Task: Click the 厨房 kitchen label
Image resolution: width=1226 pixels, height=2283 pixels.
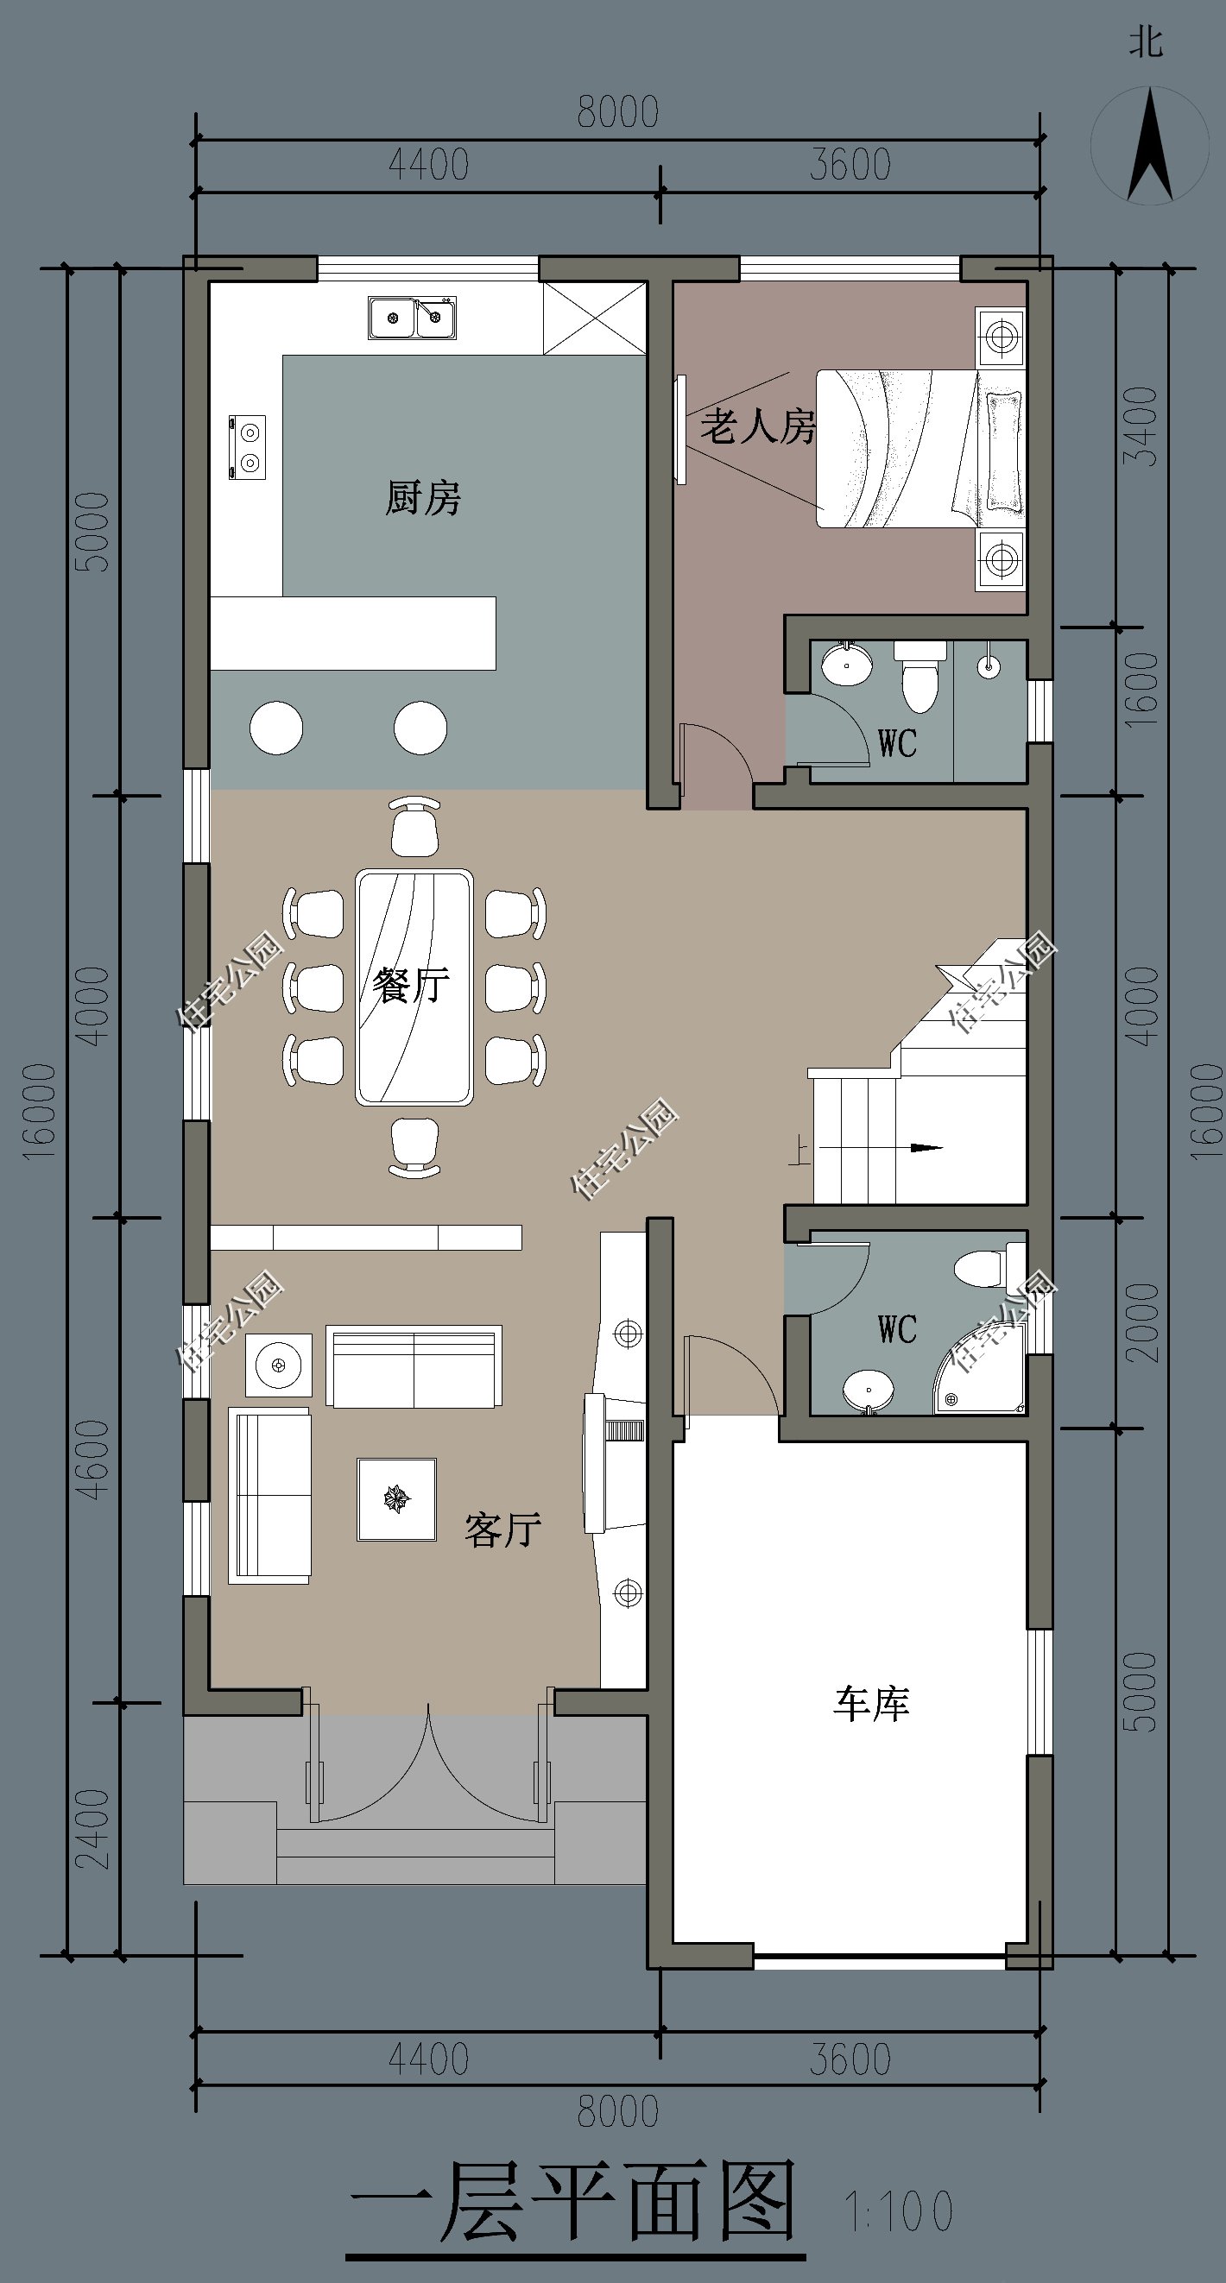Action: tap(423, 497)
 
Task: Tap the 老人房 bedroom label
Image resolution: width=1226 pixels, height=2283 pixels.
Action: tap(758, 426)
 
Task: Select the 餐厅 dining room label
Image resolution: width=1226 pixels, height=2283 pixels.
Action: tap(410, 985)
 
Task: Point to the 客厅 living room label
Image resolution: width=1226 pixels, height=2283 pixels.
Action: tap(502, 1529)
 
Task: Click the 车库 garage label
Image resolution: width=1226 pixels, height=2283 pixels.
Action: tap(871, 1703)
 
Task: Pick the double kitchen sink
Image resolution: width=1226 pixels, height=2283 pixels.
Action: tap(413, 318)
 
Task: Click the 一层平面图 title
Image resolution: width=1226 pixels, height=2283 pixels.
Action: tap(574, 2202)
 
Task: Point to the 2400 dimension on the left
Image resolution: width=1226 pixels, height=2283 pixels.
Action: tap(93, 1829)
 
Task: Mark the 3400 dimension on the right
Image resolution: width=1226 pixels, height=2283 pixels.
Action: tap(1140, 426)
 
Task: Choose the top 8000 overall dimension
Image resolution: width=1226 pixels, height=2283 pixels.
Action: tap(618, 112)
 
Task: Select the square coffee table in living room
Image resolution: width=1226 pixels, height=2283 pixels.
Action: tap(396, 1499)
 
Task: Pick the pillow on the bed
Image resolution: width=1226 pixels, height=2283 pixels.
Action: tap(1003, 451)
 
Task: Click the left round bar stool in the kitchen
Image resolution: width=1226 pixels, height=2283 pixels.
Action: tap(276, 728)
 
